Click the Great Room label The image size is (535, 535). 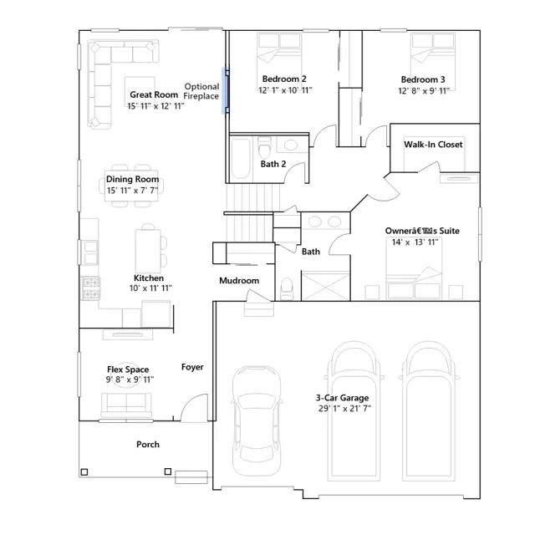154,94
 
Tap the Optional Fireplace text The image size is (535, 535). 201,91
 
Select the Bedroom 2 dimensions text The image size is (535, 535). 285,90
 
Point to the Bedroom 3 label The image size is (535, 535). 423,79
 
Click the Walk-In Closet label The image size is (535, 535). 433,145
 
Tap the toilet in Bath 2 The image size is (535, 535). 264,147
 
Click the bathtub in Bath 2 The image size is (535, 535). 240,159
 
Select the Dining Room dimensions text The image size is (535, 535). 132,191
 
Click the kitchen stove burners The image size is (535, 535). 91,288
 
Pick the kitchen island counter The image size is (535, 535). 148,251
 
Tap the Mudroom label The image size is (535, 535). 239,281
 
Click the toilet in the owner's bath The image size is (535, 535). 287,288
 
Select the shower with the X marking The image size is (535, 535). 326,286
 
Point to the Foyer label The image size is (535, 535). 192,367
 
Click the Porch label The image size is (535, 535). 148,444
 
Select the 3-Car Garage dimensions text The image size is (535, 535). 344,409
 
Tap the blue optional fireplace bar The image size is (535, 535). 224,90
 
